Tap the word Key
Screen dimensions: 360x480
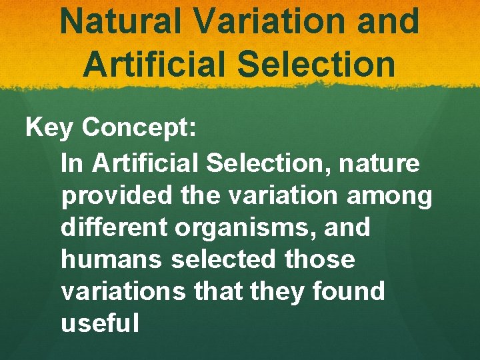pos(49,128)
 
